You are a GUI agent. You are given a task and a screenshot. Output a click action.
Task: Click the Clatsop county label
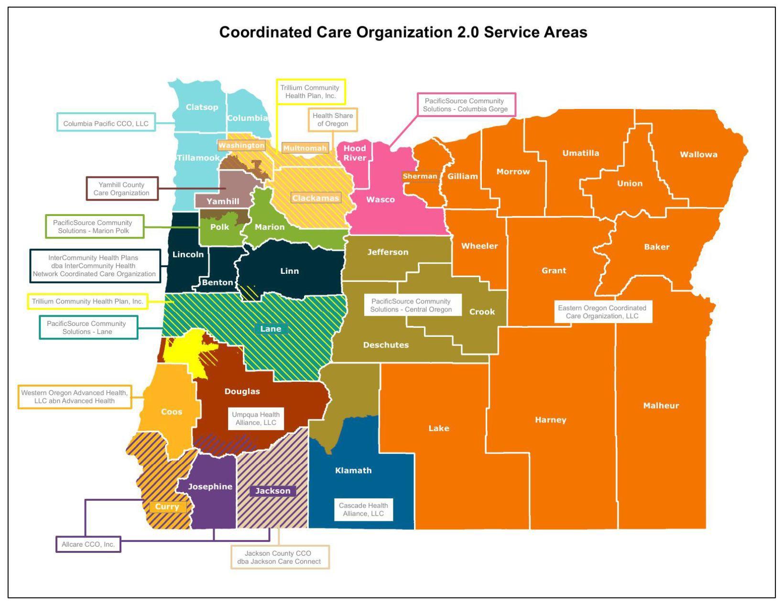pos(202,107)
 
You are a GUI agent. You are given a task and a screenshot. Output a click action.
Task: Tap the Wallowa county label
pos(698,154)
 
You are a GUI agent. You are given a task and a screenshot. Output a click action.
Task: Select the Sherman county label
pos(420,176)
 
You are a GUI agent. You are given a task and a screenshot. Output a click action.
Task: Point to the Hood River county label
pos(355,153)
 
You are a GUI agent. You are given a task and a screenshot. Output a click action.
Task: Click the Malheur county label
pos(661,406)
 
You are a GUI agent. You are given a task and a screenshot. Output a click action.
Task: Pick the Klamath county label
pos(353,471)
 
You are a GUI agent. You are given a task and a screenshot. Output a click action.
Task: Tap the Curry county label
pos(167,507)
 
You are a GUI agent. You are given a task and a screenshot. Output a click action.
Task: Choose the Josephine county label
pos(210,486)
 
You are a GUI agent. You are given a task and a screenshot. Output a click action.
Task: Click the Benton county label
pos(217,282)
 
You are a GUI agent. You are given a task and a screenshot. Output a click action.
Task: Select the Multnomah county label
pos(305,148)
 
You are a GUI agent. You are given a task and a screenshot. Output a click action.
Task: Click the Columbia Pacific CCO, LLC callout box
pos(106,123)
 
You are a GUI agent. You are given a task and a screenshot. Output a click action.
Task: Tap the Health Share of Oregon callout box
pos(333,119)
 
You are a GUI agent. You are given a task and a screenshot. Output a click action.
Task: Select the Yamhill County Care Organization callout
pos(121,189)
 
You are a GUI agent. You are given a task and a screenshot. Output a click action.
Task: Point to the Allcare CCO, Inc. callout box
pos(88,544)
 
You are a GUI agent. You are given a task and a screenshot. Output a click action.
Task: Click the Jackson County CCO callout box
pos(279,557)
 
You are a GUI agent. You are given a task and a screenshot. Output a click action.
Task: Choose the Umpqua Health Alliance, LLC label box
pos(256,419)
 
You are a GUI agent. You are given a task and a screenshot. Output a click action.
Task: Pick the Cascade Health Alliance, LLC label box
pos(363,509)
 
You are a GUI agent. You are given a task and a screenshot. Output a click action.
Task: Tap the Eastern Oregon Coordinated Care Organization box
pos(602,312)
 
